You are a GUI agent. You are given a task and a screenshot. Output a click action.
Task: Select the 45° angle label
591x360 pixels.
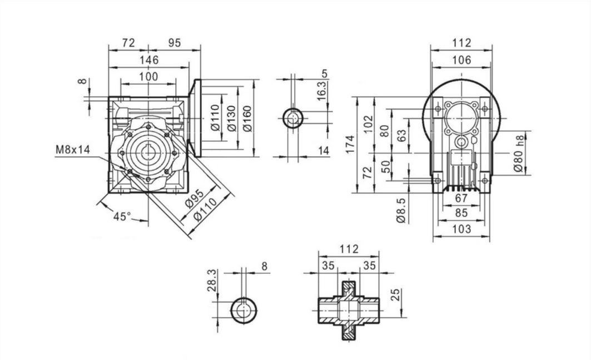tap(122, 216)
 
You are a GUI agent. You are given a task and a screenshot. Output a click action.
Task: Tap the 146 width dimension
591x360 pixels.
tap(148, 60)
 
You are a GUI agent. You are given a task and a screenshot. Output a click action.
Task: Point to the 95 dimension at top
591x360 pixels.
tap(174, 42)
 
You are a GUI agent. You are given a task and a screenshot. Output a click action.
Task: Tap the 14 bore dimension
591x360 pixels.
tap(324, 150)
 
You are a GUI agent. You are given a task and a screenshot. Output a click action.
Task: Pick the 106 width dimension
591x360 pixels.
tap(461, 60)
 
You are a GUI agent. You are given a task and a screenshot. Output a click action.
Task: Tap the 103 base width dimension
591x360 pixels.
tap(461, 229)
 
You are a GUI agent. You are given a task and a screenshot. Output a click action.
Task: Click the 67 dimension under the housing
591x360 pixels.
tap(461, 199)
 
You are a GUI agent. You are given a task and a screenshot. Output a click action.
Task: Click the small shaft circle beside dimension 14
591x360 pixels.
tap(292, 118)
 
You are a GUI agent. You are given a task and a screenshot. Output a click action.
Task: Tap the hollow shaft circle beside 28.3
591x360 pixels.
tap(244, 310)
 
